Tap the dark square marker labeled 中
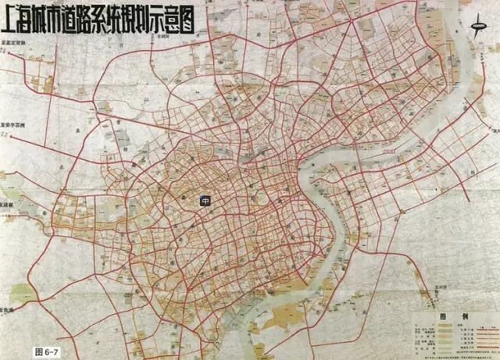point(205,201)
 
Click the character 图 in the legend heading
point(442,317)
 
